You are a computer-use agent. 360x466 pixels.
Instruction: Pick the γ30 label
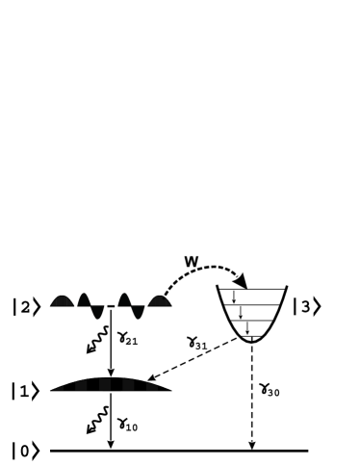pos(270,392)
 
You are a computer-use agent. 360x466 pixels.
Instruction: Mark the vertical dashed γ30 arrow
pos(252,395)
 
